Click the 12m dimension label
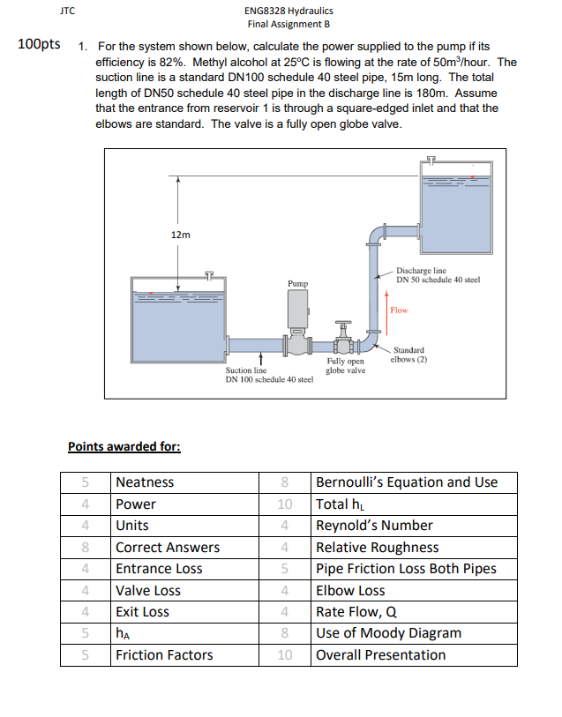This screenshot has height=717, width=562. [x=180, y=235]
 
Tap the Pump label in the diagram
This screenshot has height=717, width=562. [x=297, y=284]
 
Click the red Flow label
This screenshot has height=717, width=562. [x=399, y=310]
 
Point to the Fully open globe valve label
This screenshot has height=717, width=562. [x=345, y=366]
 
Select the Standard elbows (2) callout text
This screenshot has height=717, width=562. [x=410, y=355]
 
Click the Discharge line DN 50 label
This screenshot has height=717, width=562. [x=437, y=275]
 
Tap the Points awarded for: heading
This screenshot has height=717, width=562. [x=124, y=446]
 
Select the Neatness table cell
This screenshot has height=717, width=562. [x=146, y=482]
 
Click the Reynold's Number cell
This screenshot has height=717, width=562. [x=374, y=526]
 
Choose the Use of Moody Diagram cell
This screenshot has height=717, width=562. [x=388, y=633]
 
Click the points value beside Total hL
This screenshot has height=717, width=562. [x=284, y=504]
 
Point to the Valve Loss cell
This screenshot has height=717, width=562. [x=148, y=590]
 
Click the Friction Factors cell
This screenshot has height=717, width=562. [x=164, y=654]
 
